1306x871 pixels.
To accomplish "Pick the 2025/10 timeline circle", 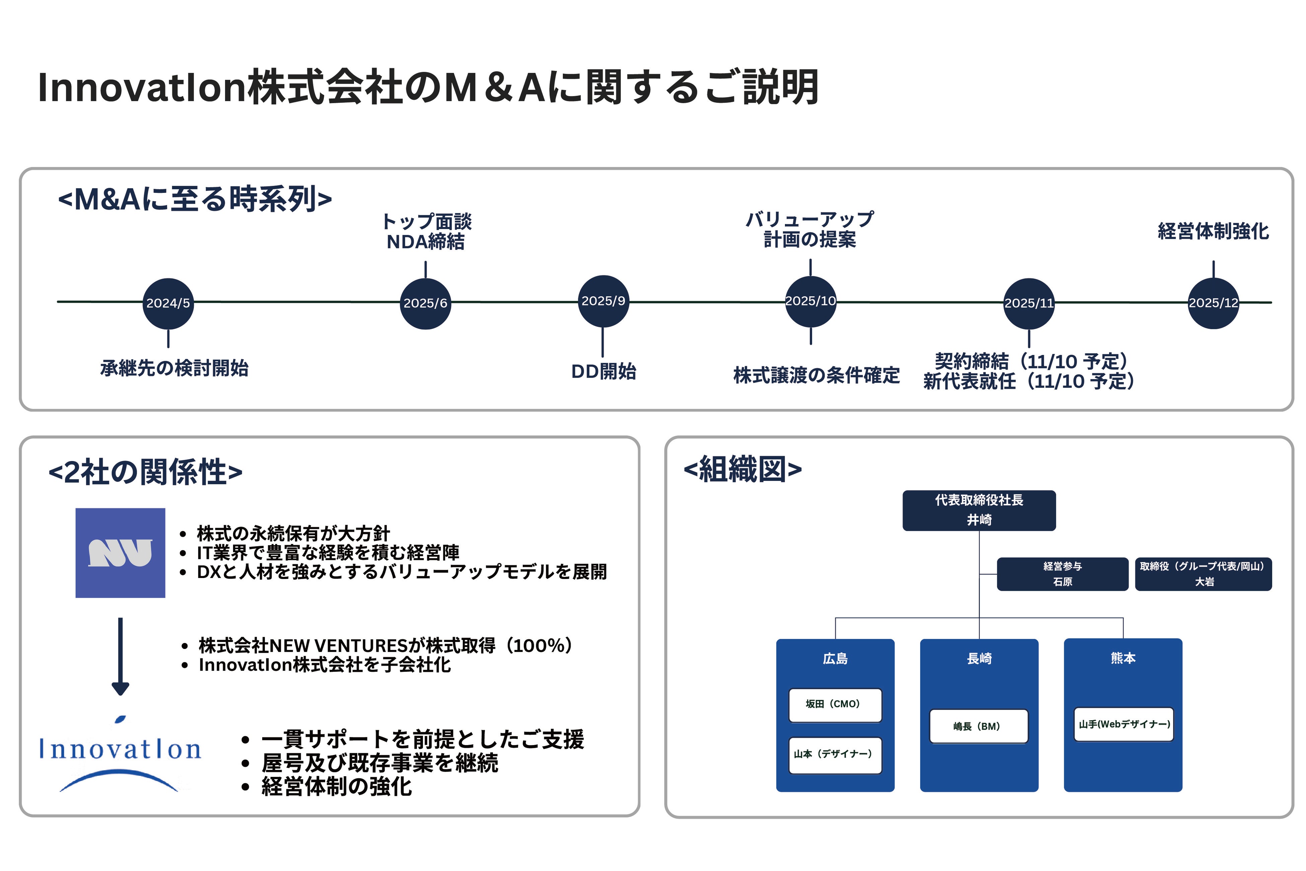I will tap(810, 301).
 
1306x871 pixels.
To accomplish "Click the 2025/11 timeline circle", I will tap(1028, 303).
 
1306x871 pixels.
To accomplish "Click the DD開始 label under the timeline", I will tap(603, 371).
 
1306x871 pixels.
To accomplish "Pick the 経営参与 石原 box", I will tap(1062, 574).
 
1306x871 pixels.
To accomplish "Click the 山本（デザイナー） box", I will tap(835, 755).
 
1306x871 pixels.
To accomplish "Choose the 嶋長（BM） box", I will tap(978, 726).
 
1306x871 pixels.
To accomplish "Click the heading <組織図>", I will tap(742, 469).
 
